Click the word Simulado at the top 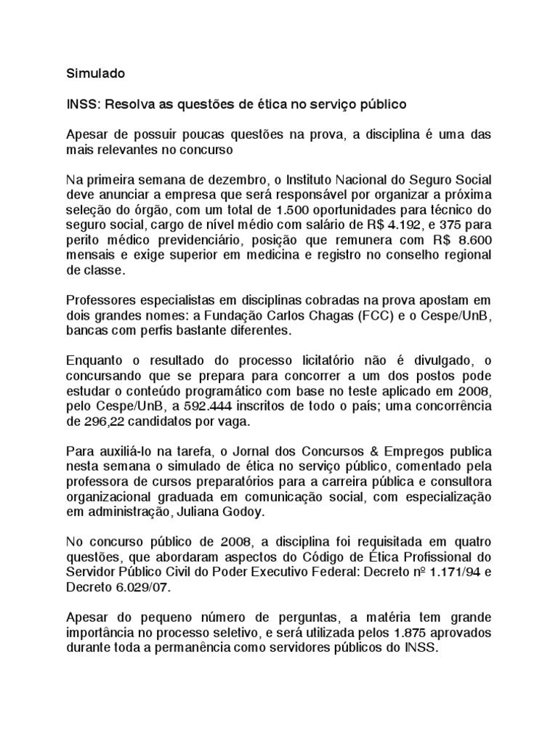[x=96, y=73]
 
